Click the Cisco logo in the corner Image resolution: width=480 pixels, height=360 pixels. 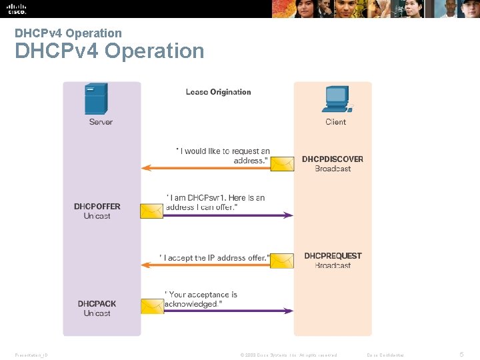tap(17, 9)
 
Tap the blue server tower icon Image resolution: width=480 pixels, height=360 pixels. tap(97, 99)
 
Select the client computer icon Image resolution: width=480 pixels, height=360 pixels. tap(336, 100)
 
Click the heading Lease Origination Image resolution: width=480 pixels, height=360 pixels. tap(218, 92)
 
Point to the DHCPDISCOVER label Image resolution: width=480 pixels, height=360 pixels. tap(333, 159)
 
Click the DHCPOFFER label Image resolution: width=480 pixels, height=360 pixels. tap(97, 207)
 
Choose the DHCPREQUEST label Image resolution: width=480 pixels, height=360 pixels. tap(333, 256)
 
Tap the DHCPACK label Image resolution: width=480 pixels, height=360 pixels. tap(97, 304)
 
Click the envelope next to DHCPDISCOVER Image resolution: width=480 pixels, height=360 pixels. tap(283, 163)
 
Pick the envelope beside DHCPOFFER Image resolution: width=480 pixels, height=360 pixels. tap(151, 211)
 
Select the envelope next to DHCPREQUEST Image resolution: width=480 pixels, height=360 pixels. tap(283, 261)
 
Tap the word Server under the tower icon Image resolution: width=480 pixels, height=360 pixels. tap(101, 122)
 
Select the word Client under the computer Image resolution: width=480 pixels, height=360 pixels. tap(336, 122)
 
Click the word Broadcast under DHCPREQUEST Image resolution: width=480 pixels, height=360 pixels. tap(333, 266)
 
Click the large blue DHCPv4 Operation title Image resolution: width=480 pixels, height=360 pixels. tap(109, 51)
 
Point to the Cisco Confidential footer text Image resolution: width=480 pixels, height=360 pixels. tap(386, 355)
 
